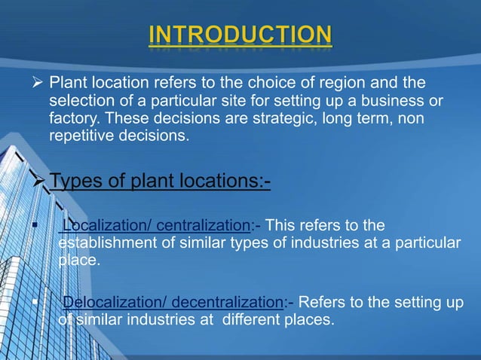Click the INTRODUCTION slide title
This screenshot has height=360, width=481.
240,35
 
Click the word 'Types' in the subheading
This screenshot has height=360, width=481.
75,182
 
